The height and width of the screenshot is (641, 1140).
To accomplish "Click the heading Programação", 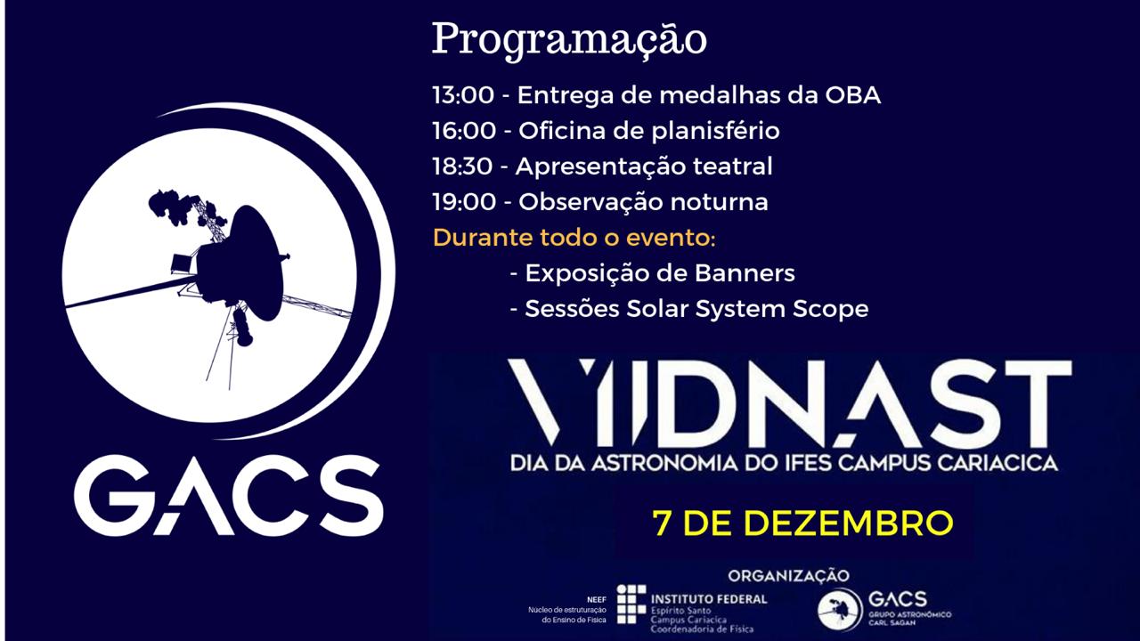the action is pos(569,41).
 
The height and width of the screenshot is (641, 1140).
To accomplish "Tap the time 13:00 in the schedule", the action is pos(463,95).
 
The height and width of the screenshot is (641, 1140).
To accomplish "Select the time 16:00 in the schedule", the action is pos(464,131).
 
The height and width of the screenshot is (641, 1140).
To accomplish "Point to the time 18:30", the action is pos(462,166).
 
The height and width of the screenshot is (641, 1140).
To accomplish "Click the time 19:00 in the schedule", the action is pos(464,202).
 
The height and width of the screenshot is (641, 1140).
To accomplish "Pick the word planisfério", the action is pos(715,131).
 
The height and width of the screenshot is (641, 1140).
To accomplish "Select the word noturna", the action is pos(719,202).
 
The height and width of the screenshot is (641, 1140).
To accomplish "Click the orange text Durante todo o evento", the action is pos(574,238).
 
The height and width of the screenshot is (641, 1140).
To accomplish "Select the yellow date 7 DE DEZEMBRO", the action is pos(803,523).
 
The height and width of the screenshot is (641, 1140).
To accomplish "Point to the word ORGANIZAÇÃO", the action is pos(789,575).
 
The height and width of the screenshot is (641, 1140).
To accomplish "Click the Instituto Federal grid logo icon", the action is pos(631,604).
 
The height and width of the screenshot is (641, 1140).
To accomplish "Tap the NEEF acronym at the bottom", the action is pos(597,600).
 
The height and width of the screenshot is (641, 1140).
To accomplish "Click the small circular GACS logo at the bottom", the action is pos(840,610).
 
